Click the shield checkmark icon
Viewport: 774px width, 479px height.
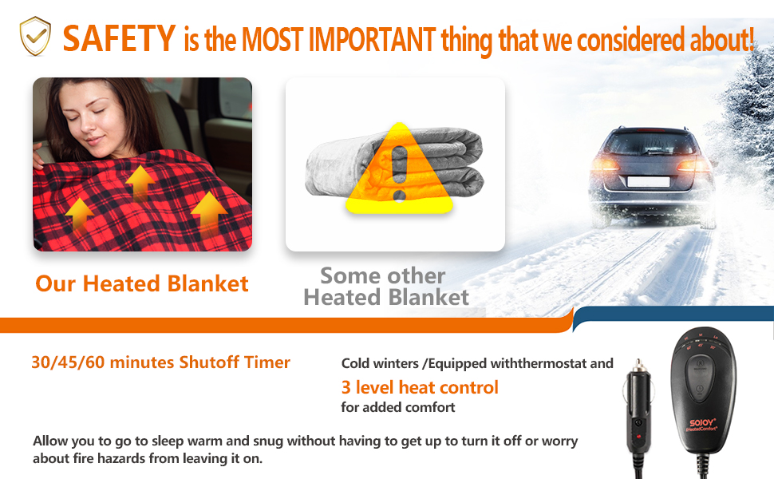click(35, 36)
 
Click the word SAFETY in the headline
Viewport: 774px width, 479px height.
click(119, 38)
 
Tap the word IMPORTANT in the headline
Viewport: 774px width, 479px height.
click(372, 39)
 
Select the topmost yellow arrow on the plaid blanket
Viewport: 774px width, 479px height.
click(140, 180)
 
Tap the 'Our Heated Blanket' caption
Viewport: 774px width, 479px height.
click(142, 283)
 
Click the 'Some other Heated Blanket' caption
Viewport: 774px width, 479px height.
click(386, 287)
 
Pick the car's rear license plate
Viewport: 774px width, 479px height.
click(648, 181)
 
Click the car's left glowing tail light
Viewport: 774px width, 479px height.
click(605, 164)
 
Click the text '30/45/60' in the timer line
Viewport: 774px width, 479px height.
click(68, 362)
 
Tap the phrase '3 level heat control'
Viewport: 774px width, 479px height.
click(420, 387)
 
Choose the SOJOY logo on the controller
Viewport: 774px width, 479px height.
click(702, 423)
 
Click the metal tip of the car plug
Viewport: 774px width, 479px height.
click(638, 366)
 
